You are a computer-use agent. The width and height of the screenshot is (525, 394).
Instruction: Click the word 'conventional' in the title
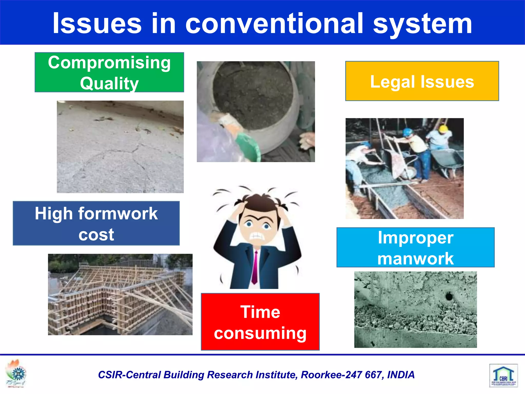tap(274, 24)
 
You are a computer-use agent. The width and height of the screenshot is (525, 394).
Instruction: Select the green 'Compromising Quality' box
tap(109, 72)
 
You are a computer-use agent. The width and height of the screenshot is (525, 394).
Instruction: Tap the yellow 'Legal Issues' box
tap(422, 81)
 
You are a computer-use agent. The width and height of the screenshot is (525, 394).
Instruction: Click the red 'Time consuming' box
tap(260, 322)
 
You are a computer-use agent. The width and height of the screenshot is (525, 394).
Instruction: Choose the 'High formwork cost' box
tap(96, 223)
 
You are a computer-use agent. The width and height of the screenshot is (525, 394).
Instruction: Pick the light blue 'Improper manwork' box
tap(415, 247)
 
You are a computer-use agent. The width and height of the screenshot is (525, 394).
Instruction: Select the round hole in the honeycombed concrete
tap(449, 297)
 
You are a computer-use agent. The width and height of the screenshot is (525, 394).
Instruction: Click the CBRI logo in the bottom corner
tap(503, 375)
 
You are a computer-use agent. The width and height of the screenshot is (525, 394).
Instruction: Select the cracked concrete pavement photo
tap(120, 147)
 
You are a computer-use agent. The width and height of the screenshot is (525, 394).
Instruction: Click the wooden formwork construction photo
tap(120, 294)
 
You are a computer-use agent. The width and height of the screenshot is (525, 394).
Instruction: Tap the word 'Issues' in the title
tap(97, 24)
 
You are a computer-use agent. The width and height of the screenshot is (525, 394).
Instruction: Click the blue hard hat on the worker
tap(408, 132)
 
